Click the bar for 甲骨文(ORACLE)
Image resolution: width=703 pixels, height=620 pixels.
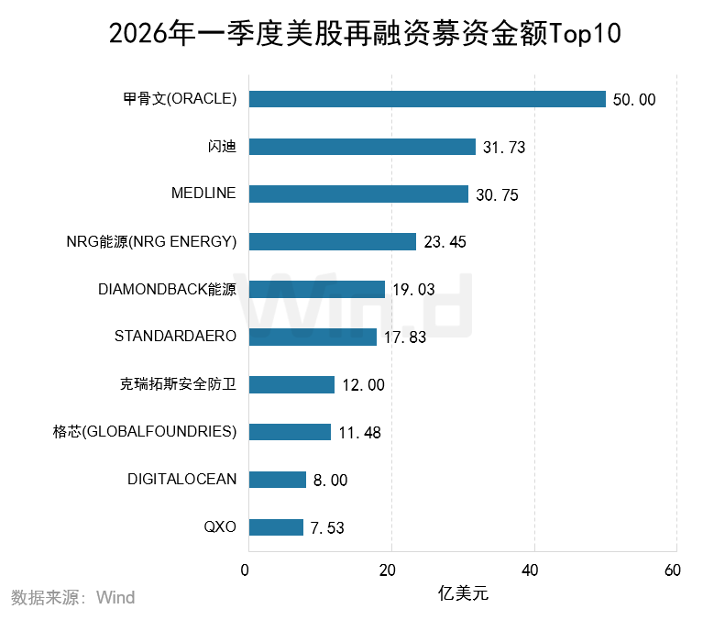pyautogui.click(x=427, y=99)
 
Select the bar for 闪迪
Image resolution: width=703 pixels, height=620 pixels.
pyautogui.click(x=362, y=147)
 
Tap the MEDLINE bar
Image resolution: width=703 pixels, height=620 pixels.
pyautogui.click(x=358, y=194)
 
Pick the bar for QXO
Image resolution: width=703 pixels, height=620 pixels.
pyautogui.click(x=276, y=527)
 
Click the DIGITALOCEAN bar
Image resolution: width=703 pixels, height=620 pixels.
pyautogui.click(x=278, y=480)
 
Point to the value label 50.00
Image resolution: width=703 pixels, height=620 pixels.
pyautogui.click(x=634, y=100)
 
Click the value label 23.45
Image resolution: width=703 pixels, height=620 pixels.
pyautogui.click(x=445, y=242)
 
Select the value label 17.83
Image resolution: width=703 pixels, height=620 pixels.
pyautogui.click(x=404, y=338)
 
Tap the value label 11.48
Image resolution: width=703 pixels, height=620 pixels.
pyautogui.click(x=358, y=433)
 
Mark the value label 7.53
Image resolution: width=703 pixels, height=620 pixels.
pyautogui.click(x=327, y=528)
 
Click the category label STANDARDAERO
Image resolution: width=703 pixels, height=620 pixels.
pyautogui.click(x=175, y=336)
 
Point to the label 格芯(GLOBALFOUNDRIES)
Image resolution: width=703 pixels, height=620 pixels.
pyautogui.click(x=146, y=431)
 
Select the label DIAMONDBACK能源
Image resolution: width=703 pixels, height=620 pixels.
pyautogui.click(x=167, y=289)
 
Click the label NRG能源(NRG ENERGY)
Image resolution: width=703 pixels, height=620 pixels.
pyautogui.click(x=151, y=241)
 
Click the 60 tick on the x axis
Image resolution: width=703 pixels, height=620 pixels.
pyautogui.click(x=673, y=570)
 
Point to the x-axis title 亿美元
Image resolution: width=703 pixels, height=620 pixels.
pyautogui.click(x=463, y=593)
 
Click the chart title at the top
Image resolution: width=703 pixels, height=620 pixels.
pyautogui.click(x=365, y=34)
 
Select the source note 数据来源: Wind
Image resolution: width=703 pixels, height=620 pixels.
pyautogui.click(x=72, y=598)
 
